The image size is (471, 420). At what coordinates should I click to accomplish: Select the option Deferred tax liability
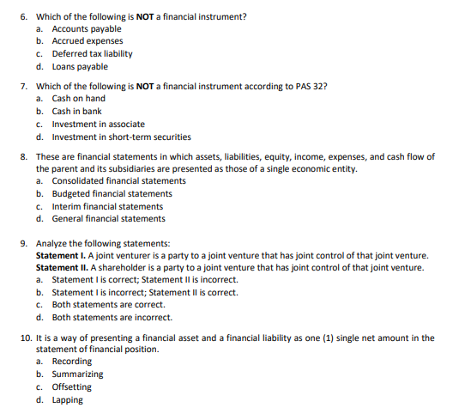click(x=92, y=54)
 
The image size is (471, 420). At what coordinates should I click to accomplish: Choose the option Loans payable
click(x=80, y=67)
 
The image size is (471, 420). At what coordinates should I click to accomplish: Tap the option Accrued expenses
click(x=87, y=41)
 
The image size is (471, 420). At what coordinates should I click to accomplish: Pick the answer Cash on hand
click(x=78, y=99)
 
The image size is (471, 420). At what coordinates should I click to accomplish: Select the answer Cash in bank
click(x=76, y=112)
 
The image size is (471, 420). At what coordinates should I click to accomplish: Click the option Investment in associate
click(x=98, y=125)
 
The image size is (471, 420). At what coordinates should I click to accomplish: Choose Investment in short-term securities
click(x=121, y=137)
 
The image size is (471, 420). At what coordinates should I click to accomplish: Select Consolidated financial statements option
click(x=118, y=181)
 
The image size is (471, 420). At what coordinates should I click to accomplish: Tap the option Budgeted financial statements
click(x=112, y=194)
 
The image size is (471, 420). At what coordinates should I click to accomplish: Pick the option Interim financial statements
click(x=107, y=207)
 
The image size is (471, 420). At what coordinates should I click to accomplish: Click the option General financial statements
click(x=108, y=219)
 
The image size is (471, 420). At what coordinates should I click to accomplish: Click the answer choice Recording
click(x=72, y=362)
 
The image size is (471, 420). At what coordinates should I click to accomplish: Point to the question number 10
click(x=25, y=338)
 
